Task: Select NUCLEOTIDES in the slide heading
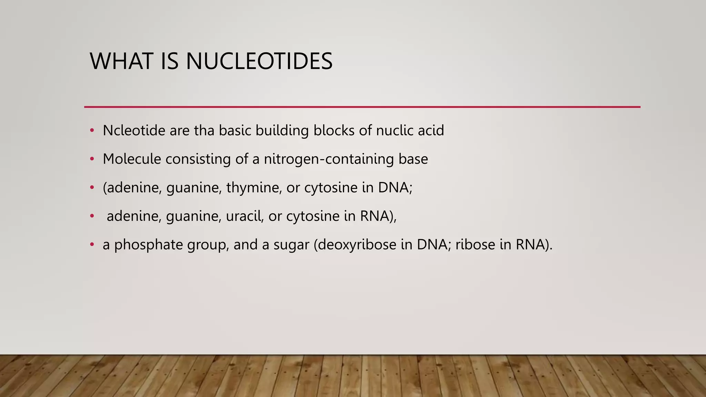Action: pos(259,61)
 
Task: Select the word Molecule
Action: pos(132,159)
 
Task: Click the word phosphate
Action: pos(149,245)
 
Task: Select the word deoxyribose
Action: pos(357,245)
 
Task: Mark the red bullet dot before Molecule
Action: pos(92,159)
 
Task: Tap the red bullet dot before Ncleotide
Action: pos(92,131)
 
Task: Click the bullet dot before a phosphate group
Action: pos(92,245)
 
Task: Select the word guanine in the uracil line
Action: pos(193,216)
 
